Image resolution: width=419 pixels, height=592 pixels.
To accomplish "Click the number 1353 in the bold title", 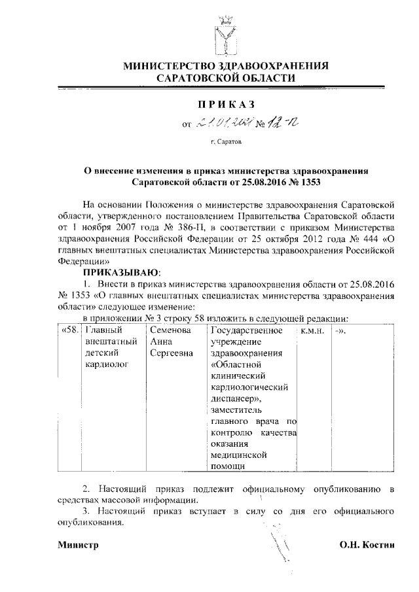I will pyautogui.click(x=309, y=179).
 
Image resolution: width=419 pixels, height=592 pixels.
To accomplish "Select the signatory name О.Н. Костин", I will pyautogui.click(x=367, y=545).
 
